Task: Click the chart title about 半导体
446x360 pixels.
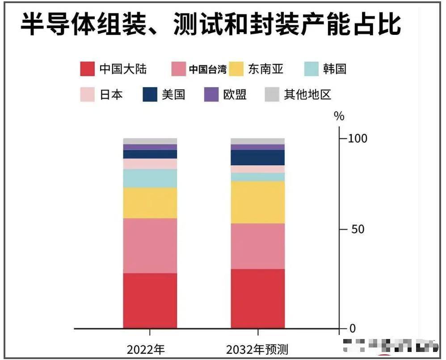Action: click(210, 25)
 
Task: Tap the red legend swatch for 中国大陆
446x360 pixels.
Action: click(88, 69)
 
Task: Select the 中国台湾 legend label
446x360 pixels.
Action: click(207, 69)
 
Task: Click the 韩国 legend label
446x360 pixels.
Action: click(334, 69)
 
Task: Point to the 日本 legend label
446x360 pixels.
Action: click(111, 95)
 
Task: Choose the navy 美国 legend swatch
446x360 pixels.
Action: click(150, 95)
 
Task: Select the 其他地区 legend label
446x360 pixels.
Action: click(307, 95)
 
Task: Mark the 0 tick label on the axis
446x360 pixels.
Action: click(352, 329)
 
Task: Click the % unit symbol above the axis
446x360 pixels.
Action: click(339, 117)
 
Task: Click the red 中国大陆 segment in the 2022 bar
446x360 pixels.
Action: click(150, 300)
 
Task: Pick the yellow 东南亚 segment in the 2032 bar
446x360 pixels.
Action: click(258, 202)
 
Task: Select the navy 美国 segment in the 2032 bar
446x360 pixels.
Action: click(258, 157)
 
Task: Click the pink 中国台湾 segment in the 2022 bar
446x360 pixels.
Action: click(150, 245)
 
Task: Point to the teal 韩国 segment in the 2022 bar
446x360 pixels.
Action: click(150, 178)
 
